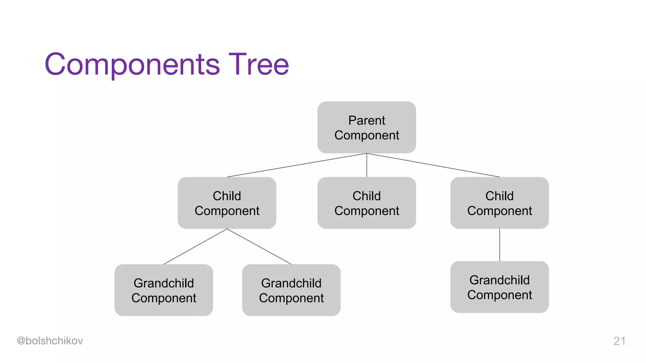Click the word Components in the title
point(132,65)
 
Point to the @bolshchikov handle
point(50,341)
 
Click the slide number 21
point(619,341)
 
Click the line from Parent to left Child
point(297,165)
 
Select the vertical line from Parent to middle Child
point(367,165)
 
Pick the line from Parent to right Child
point(433,165)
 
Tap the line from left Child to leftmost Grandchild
point(195,246)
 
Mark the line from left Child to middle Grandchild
point(259,246)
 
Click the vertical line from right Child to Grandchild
point(499,245)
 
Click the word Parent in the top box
point(367,120)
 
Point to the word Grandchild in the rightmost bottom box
point(499,280)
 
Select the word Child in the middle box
point(367,196)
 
